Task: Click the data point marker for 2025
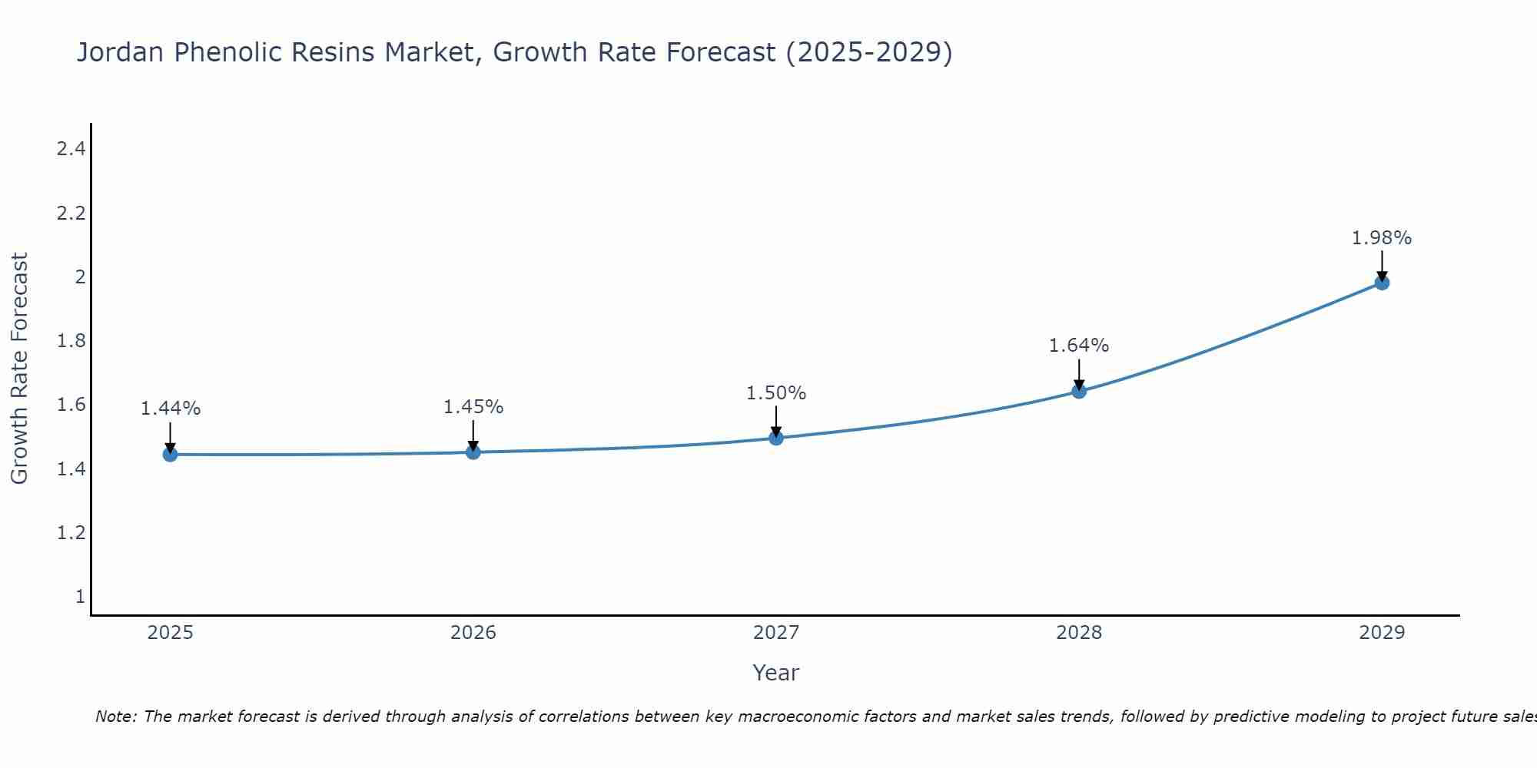point(170,455)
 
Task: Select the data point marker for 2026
point(473,452)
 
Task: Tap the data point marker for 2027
point(776,438)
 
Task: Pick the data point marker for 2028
point(1079,392)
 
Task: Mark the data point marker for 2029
point(1382,283)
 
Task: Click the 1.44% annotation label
point(170,409)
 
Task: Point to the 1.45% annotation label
point(473,407)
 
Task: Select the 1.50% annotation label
point(776,393)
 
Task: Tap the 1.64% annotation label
point(1079,346)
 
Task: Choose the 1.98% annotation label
point(1382,238)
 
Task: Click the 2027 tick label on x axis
point(776,633)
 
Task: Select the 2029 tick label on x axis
point(1382,633)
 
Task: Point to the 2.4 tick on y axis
point(71,149)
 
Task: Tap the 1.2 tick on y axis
point(71,532)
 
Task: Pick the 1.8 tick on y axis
point(71,341)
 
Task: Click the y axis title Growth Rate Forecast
point(19,369)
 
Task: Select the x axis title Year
point(776,673)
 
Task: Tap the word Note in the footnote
point(115,717)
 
